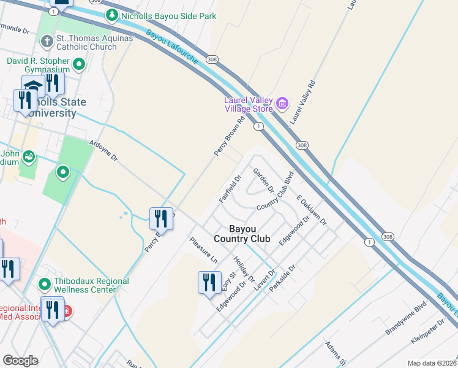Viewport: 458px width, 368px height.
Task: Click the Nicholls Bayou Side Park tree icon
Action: pos(111,15)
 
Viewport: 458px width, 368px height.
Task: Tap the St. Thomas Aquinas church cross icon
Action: pos(47,42)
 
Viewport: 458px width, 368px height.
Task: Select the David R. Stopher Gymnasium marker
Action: pos(79,64)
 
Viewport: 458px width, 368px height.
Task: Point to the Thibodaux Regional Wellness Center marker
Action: pos(45,285)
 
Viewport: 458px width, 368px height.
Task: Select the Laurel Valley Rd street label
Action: pos(302,102)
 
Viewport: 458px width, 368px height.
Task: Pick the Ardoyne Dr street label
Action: pos(103,148)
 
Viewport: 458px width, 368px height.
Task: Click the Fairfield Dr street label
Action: pos(231,188)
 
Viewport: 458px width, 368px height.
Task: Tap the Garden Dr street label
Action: pos(264,180)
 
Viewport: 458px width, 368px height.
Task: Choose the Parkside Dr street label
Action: pos(283,278)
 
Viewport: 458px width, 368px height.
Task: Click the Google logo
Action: pos(20,361)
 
